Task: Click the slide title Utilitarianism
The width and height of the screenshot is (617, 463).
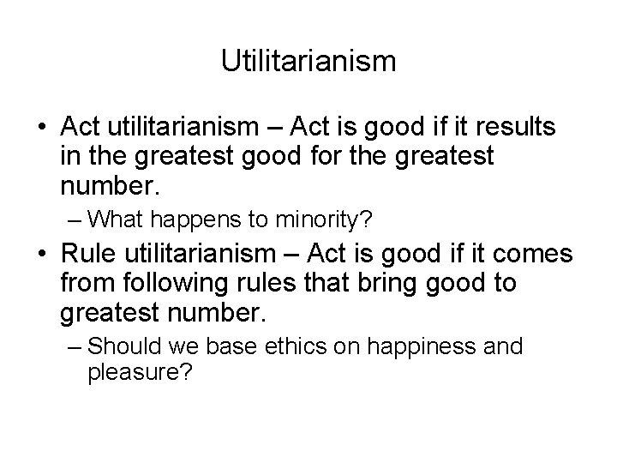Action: [x=308, y=61]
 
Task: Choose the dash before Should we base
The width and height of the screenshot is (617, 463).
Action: [x=75, y=346]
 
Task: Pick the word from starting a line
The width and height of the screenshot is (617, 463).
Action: [x=86, y=284]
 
